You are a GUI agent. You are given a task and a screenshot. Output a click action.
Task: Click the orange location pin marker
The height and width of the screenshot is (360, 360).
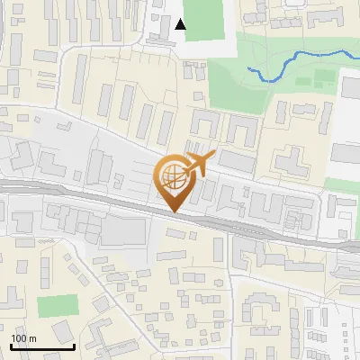pos(176,181)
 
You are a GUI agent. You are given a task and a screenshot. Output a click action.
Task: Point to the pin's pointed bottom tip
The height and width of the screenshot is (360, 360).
pos(176,211)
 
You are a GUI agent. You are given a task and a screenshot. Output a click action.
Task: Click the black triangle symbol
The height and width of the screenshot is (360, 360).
pos(181,24)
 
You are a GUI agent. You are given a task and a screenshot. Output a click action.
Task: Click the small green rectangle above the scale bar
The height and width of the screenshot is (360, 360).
pos(58,306)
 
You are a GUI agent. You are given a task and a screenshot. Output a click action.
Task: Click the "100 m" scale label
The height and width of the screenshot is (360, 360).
pos(23,338)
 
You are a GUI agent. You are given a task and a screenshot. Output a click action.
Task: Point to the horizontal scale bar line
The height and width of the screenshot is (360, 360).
pos(41,346)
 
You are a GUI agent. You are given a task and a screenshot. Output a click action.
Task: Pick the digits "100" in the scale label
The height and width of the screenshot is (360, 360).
pos(19,338)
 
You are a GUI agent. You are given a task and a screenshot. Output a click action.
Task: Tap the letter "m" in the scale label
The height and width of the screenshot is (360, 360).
pos(32,338)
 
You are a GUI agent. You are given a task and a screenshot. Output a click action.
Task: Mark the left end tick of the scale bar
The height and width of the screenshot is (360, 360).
pos(10,344)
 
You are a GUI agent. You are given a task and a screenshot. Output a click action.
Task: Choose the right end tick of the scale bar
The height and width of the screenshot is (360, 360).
pos(74,344)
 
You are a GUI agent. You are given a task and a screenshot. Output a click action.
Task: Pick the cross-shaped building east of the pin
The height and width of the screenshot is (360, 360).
pos(291,162)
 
